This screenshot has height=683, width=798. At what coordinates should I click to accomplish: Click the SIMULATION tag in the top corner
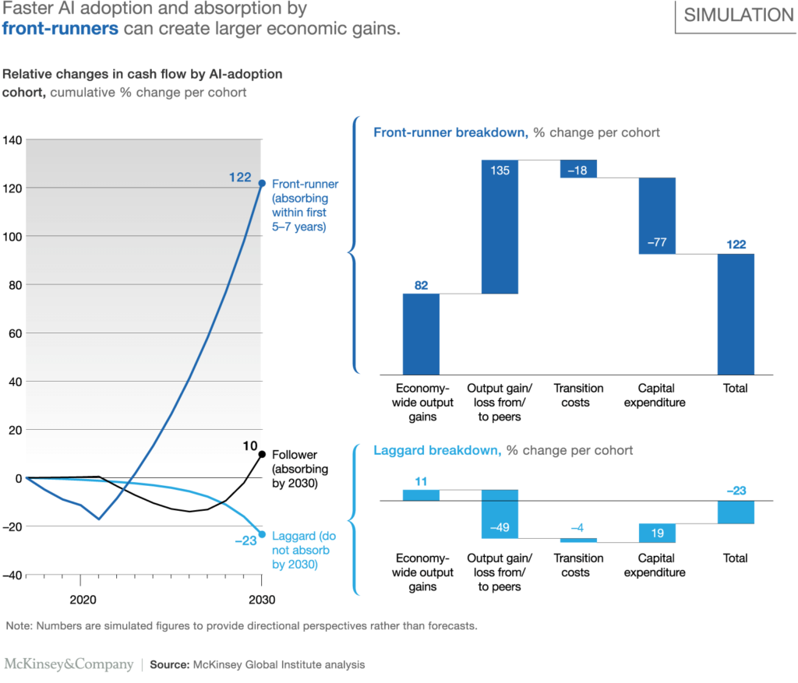click(737, 16)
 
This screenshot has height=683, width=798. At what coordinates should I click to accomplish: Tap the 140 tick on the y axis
click(12, 140)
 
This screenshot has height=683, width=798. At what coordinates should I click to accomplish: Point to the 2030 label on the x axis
click(261, 600)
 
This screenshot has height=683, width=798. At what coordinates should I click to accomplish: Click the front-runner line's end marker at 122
click(261, 183)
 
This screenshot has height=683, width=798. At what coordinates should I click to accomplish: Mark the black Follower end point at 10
click(261, 454)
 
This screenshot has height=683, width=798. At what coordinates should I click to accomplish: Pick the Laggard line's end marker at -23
click(261, 534)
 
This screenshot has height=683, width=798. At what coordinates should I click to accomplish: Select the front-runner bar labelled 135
click(500, 227)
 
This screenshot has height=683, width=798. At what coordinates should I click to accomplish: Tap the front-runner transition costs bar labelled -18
click(578, 168)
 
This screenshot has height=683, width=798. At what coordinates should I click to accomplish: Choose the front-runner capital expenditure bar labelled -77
click(657, 216)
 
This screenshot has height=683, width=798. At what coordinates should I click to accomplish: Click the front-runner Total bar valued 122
click(736, 313)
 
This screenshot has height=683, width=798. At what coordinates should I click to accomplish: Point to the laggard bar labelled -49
click(500, 514)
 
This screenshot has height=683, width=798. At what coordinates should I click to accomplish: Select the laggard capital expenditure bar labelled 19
click(657, 533)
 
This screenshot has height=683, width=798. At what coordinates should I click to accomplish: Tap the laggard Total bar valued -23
click(736, 512)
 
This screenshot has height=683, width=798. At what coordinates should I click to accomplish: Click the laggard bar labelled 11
click(421, 495)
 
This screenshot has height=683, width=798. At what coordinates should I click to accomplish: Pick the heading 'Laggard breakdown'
click(438, 450)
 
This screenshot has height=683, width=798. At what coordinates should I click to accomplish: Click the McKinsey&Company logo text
click(69, 664)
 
